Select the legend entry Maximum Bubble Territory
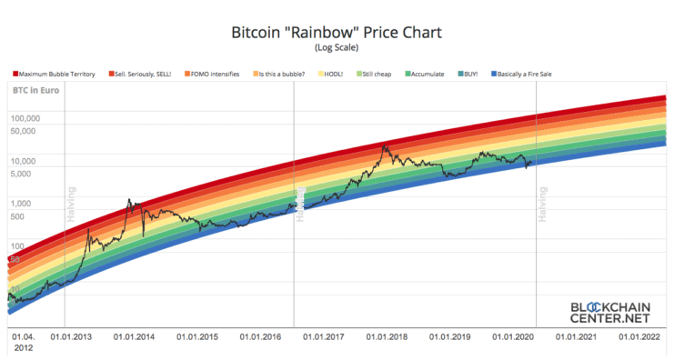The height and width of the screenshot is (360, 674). click(x=55, y=73)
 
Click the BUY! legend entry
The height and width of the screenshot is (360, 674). click(x=469, y=73)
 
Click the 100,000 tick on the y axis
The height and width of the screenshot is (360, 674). click(x=25, y=118)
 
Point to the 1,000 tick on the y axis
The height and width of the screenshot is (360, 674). click(x=22, y=203)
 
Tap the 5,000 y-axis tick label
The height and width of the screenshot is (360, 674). click(x=22, y=173)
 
